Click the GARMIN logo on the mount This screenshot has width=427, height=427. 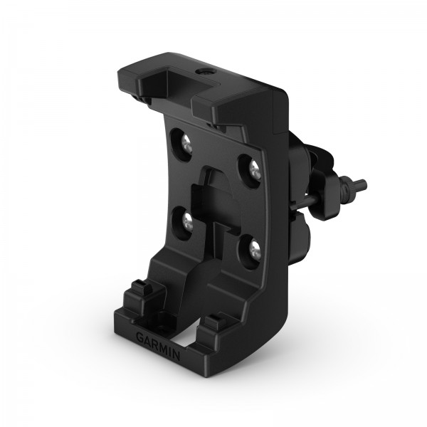[158, 347]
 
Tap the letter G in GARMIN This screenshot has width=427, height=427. [140, 338]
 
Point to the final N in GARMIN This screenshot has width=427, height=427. [176, 356]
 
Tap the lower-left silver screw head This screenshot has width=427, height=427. [187, 221]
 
